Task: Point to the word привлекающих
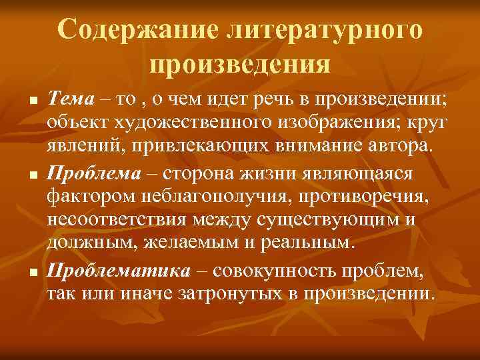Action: click(186, 145)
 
